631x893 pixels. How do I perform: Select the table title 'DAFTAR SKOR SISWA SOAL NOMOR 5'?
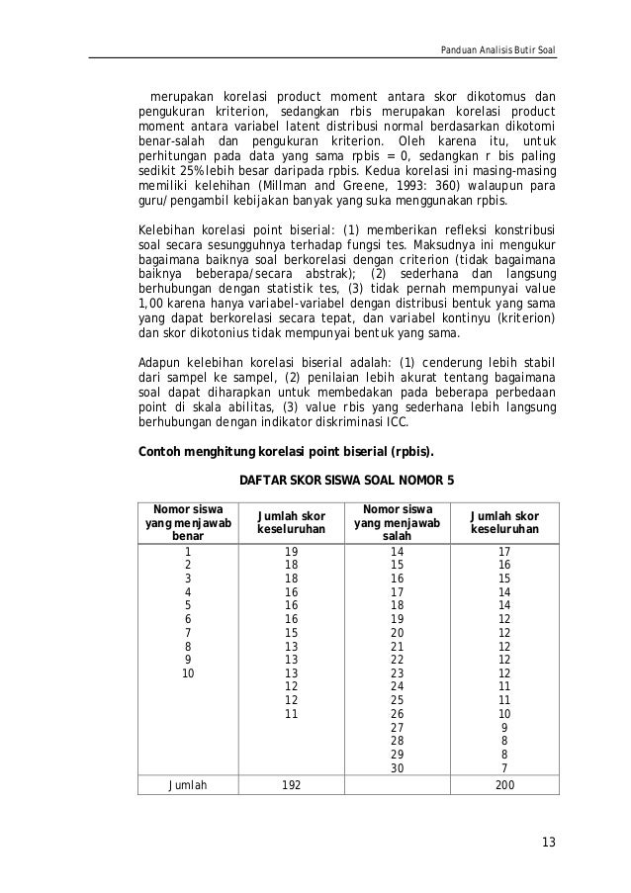point(347,482)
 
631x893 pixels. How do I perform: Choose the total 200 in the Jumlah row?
point(504,784)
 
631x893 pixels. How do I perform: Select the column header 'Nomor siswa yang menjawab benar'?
point(185,522)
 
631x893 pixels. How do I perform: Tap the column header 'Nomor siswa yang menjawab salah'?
point(397,522)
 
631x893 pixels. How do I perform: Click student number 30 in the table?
point(397,768)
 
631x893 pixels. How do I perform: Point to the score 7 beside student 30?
point(504,768)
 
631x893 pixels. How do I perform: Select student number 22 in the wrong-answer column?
point(397,660)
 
